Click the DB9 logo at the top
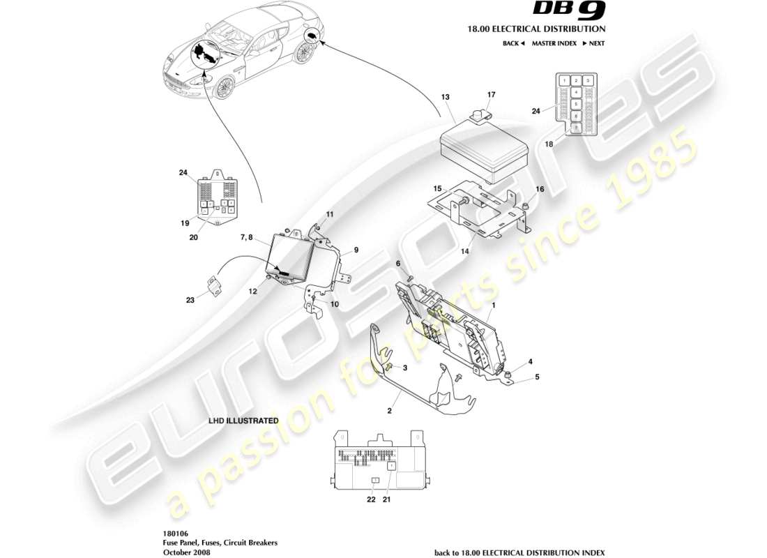tap(569, 10)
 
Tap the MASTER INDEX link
tap(554, 43)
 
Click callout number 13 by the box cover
tap(446, 96)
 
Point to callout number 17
tap(491, 94)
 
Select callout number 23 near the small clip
tap(190, 301)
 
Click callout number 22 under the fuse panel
tap(371, 499)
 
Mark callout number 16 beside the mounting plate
tap(540, 189)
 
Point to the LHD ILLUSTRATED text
tap(243, 421)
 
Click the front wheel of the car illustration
tap(224, 86)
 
